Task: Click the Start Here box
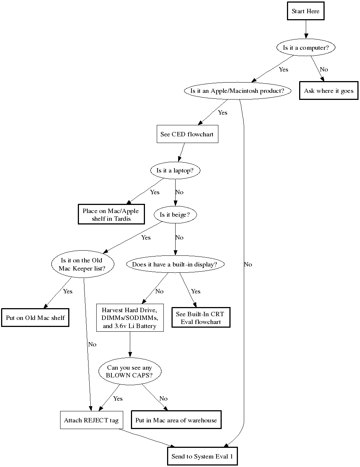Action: click(x=305, y=11)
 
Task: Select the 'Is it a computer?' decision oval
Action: click(x=305, y=48)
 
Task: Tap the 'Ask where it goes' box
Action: click(x=329, y=91)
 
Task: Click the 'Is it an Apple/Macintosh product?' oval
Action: click(x=237, y=91)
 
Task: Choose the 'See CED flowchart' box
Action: click(x=187, y=134)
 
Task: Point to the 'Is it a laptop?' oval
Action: click(x=175, y=170)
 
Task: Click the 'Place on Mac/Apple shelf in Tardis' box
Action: click(x=111, y=215)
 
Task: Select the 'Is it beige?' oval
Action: click(x=175, y=215)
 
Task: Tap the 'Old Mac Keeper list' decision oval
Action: click(x=82, y=264)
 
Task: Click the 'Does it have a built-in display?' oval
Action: click(x=174, y=264)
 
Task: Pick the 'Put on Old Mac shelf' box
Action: click(x=35, y=318)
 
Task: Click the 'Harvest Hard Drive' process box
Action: click(x=130, y=318)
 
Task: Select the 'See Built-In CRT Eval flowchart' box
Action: click(x=201, y=318)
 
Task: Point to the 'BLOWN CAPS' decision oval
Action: click(x=129, y=371)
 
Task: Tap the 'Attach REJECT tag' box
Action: click(x=91, y=420)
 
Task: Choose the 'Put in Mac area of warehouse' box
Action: click(x=176, y=420)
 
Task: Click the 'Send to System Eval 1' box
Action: click(x=202, y=456)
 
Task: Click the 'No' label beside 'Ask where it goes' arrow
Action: click(x=324, y=69)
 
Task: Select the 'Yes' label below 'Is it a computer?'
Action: click(x=283, y=69)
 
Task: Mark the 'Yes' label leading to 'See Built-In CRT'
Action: click(x=196, y=291)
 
